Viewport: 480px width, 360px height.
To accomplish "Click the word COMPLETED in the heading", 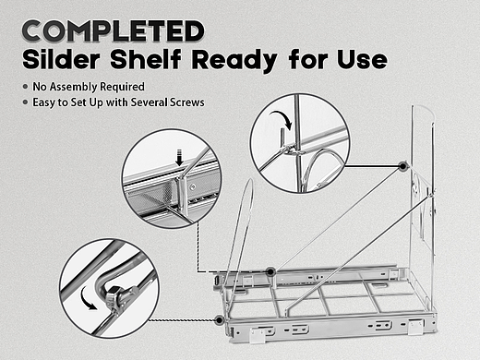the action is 114,30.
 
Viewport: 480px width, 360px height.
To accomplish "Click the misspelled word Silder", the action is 61,59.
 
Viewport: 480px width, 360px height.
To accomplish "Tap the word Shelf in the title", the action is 146,59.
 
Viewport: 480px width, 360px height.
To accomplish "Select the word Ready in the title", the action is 234,61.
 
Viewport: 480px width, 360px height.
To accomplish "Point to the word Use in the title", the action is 362,59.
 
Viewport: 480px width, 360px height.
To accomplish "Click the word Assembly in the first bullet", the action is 74,87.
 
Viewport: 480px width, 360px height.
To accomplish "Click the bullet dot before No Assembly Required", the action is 26,87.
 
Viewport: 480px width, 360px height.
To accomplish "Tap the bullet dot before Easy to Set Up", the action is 26,102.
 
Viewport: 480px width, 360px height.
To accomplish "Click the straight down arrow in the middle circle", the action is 179,157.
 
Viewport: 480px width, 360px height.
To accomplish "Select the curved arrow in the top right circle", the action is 282,119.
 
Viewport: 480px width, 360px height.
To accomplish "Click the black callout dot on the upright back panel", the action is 402,166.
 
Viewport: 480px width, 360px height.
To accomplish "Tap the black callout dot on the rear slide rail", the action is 270,271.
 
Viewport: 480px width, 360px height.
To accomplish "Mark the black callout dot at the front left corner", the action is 219,320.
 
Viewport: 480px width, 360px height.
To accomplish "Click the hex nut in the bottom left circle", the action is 112,294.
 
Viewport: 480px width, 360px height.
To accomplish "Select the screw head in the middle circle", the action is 193,186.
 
